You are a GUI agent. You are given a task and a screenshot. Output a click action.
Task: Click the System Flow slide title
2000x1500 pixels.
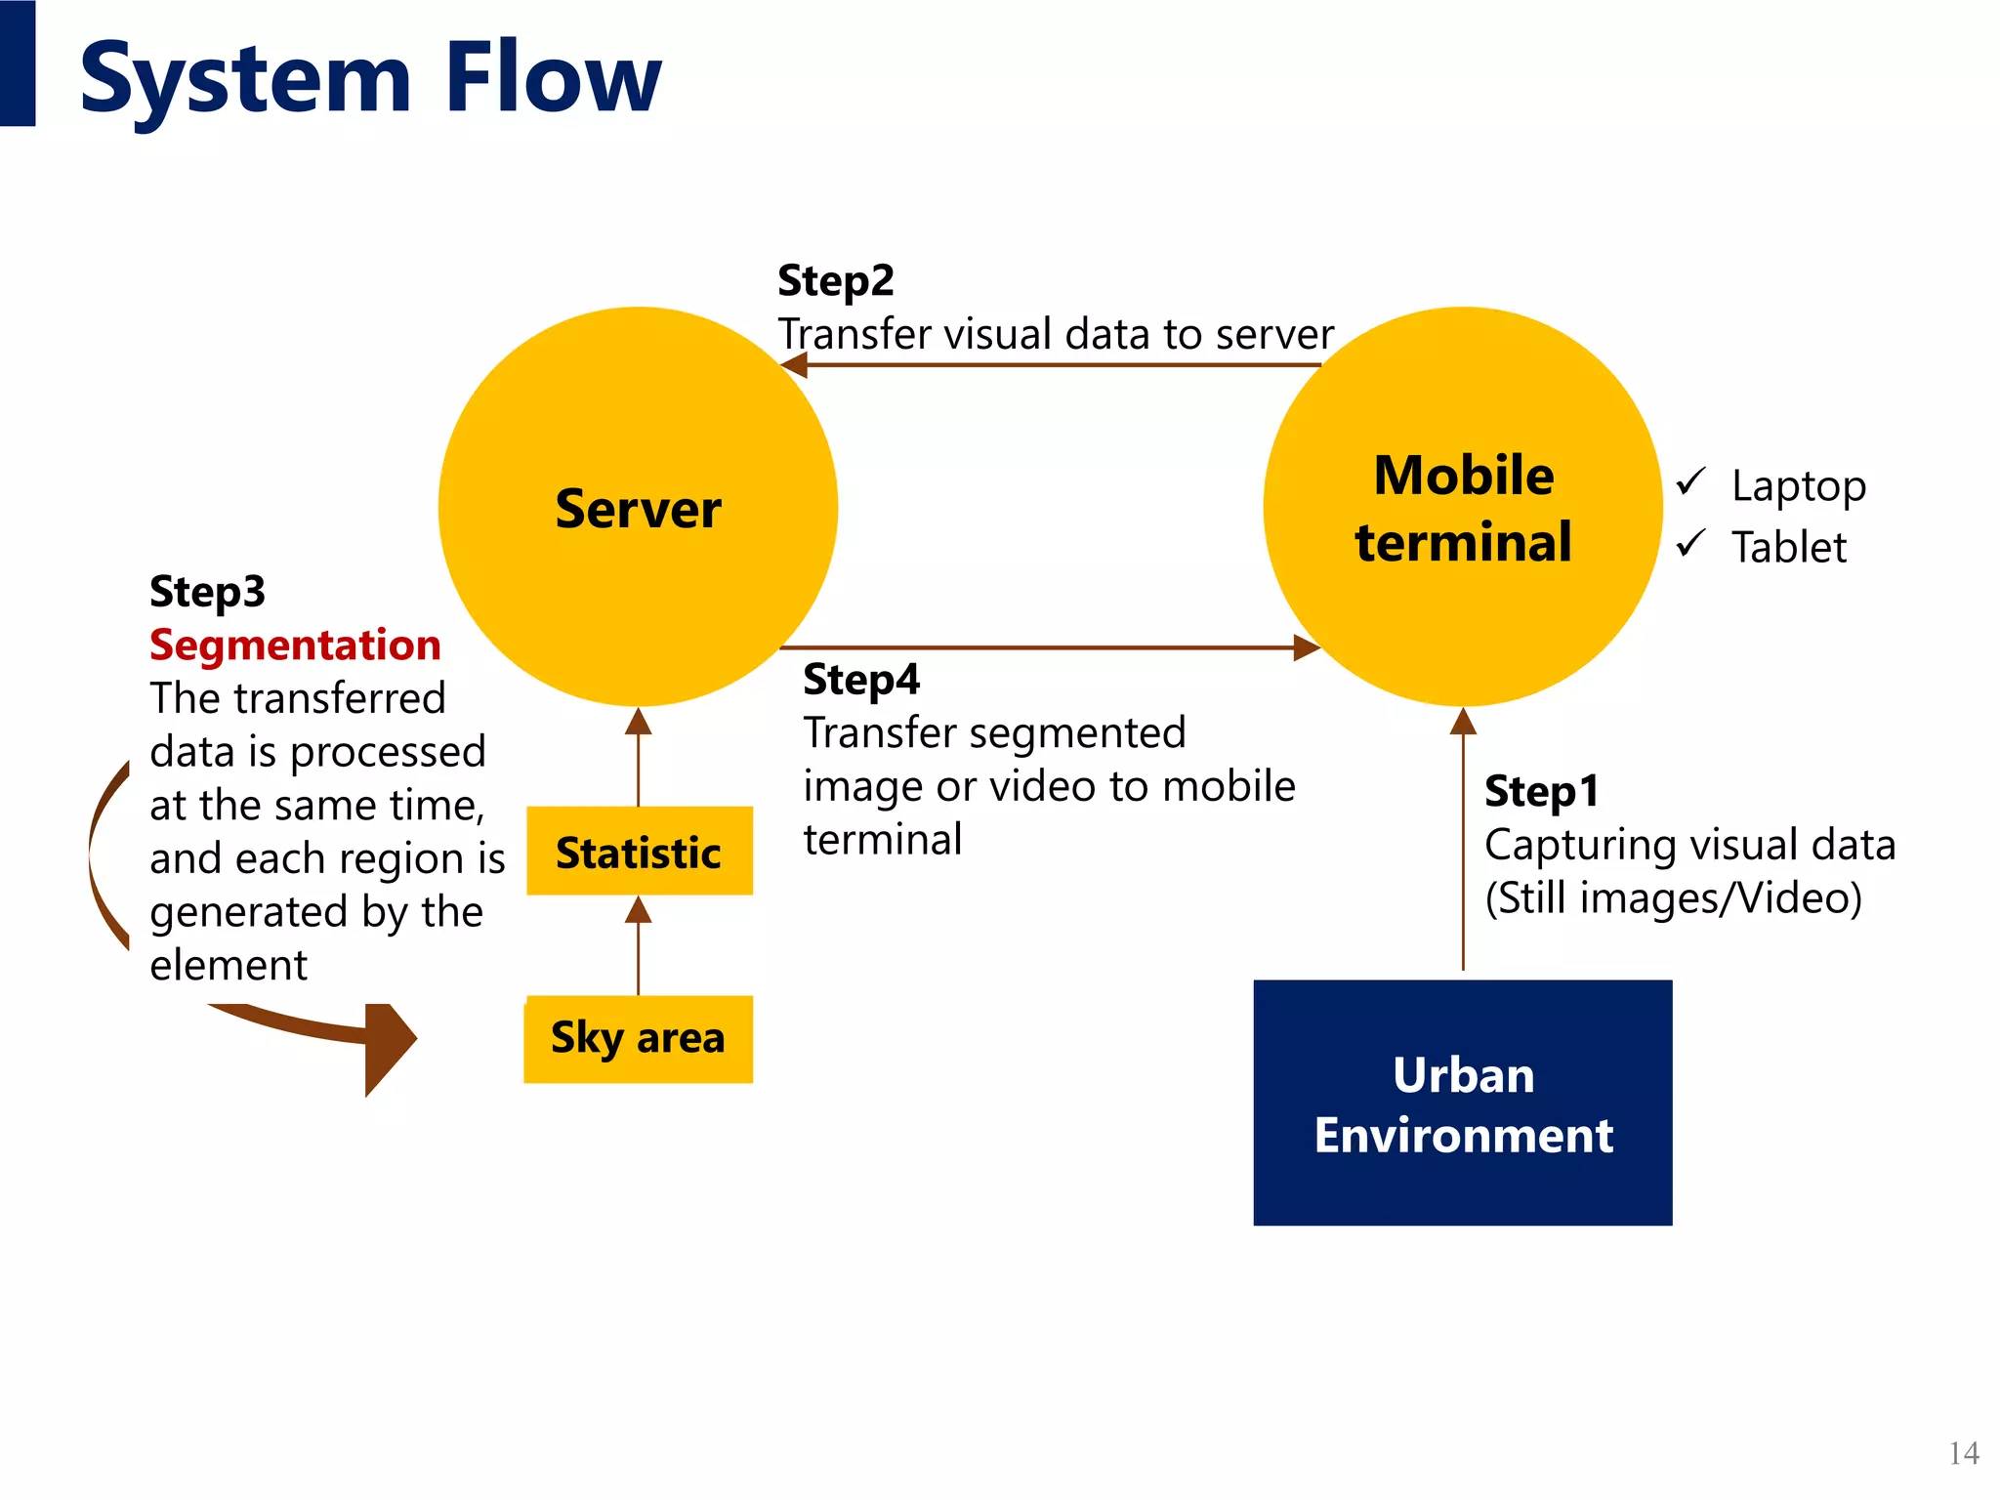[370, 78]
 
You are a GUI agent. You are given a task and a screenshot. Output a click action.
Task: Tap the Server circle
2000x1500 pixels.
[638, 508]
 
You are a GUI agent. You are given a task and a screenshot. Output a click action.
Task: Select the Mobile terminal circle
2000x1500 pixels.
[1463, 508]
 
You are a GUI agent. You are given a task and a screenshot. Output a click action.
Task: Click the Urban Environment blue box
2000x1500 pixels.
[1463, 1104]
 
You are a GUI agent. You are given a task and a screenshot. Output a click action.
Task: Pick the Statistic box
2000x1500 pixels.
[639, 852]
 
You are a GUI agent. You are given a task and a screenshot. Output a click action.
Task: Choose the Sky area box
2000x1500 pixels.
[638, 1038]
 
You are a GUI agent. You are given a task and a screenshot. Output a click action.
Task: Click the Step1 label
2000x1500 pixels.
[1541, 791]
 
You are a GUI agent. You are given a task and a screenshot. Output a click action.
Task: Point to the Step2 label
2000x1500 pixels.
[835, 281]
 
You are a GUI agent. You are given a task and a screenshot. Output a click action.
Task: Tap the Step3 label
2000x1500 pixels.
[207, 592]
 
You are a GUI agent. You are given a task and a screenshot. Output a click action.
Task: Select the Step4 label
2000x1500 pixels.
[860, 680]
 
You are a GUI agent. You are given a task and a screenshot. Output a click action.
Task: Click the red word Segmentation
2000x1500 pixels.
[295, 646]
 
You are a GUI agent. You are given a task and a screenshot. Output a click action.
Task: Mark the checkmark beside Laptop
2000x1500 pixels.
[1690, 482]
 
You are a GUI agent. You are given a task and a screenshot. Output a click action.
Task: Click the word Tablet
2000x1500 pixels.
[1788, 547]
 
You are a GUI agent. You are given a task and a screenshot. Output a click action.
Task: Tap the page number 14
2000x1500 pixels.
[1963, 1453]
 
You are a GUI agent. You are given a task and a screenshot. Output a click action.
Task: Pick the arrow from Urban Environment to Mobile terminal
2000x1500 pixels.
[1463, 840]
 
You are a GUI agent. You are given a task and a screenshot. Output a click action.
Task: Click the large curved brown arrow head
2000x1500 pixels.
[389, 1047]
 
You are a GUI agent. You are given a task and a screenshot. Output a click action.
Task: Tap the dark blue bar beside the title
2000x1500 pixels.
[18, 62]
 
